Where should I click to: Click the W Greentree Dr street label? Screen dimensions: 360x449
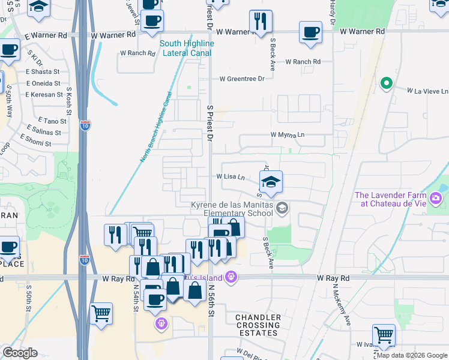242,79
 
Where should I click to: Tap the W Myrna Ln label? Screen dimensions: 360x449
288,135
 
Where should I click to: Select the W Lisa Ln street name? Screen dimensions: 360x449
231,177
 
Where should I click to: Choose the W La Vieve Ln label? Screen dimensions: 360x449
427,91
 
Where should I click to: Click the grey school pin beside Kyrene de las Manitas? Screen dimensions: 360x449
283,208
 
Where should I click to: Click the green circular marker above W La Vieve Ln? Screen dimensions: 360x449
386,83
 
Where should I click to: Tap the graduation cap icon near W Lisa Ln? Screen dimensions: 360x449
271,182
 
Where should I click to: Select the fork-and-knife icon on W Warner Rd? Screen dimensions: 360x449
260,22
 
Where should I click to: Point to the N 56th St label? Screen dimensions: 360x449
212,302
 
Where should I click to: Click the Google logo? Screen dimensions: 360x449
20,353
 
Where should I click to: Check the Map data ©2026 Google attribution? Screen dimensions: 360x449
411,355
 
